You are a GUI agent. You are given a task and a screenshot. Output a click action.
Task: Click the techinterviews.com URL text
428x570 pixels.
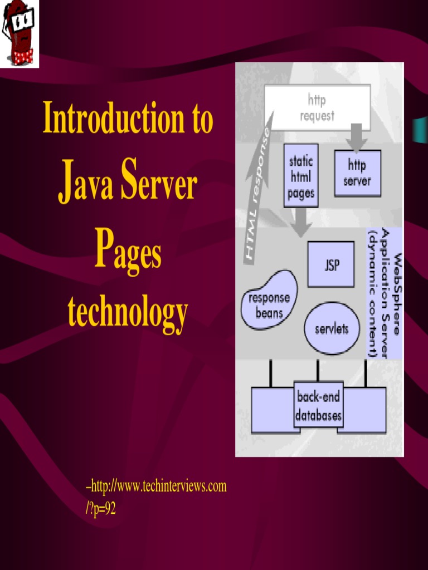point(156,487)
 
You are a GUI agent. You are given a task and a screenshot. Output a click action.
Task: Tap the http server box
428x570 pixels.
point(357,173)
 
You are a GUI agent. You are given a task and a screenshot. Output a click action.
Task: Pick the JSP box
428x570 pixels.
point(331,264)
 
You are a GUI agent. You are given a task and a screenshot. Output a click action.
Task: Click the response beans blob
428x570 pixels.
point(269,301)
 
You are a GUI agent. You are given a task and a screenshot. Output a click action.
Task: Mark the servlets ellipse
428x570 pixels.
point(332,328)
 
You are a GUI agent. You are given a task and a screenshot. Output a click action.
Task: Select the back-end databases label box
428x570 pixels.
point(318,406)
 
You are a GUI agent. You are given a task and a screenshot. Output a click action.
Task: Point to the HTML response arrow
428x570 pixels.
point(259,192)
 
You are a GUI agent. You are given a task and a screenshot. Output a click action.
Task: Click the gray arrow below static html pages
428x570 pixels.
point(301,222)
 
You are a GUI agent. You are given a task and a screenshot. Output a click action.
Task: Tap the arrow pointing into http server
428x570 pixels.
point(357,137)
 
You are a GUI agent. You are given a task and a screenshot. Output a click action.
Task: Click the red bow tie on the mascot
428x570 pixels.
point(23,56)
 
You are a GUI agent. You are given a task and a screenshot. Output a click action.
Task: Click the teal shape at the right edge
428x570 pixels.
point(420,130)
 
